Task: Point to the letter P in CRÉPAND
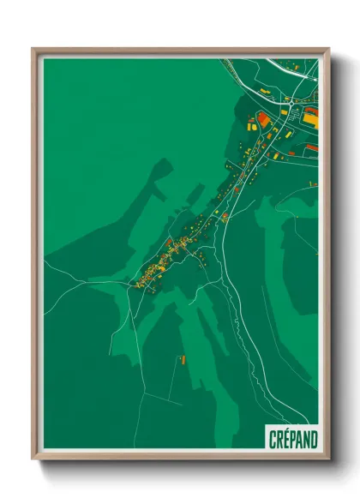point(287,439)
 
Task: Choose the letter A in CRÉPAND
point(295,439)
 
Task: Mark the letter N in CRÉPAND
point(303,439)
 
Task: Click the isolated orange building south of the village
point(181,358)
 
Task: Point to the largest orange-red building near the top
point(263,118)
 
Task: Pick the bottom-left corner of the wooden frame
point(33,459)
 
